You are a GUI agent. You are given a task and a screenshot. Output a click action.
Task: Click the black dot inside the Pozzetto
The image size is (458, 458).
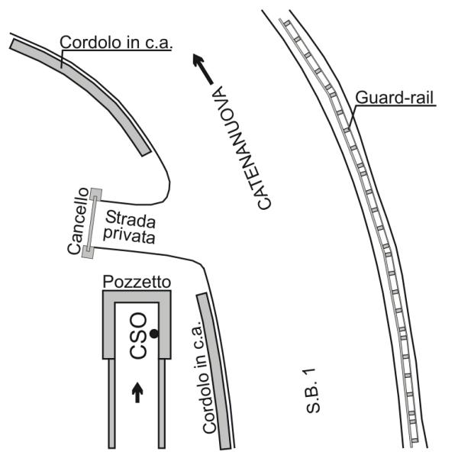[x=154, y=334]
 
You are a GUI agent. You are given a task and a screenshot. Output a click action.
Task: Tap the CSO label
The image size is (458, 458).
[x=138, y=336]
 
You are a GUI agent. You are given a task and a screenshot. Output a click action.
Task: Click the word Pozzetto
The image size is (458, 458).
[x=137, y=282]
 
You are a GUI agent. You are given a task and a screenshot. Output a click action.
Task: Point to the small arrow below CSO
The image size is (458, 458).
[x=137, y=393]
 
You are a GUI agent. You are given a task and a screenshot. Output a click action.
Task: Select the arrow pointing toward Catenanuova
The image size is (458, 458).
[x=203, y=69]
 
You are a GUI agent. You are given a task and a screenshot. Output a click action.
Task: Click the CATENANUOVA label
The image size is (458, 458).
[x=241, y=148]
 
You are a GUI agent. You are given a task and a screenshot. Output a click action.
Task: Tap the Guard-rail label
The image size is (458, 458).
[x=395, y=98]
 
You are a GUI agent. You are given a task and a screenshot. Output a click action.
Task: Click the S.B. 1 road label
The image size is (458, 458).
[x=313, y=391]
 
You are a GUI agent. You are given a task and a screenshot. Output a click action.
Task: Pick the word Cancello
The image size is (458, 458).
[x=78, y=221]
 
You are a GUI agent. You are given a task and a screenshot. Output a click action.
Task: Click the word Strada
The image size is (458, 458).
[x=131, y=219]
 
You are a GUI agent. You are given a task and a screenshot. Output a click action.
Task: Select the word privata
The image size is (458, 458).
[x=130, y=235]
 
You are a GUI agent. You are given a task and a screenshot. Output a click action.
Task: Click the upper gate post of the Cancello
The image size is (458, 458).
[x=96, y=195]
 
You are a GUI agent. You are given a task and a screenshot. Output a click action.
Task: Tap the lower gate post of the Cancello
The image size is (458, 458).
[x=88, y=252]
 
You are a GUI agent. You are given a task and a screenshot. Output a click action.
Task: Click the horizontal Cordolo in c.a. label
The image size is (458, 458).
[x=116, y=42]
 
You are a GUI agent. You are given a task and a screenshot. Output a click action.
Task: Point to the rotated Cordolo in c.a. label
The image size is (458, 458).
[x=206, y=377]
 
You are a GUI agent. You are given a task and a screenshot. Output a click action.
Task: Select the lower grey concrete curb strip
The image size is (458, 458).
[x=214, y=371]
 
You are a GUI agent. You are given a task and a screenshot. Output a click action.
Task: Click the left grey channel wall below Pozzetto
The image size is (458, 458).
[x=111, y=404]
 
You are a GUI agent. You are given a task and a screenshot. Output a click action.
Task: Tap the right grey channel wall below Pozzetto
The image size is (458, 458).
[x=162, y=404]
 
